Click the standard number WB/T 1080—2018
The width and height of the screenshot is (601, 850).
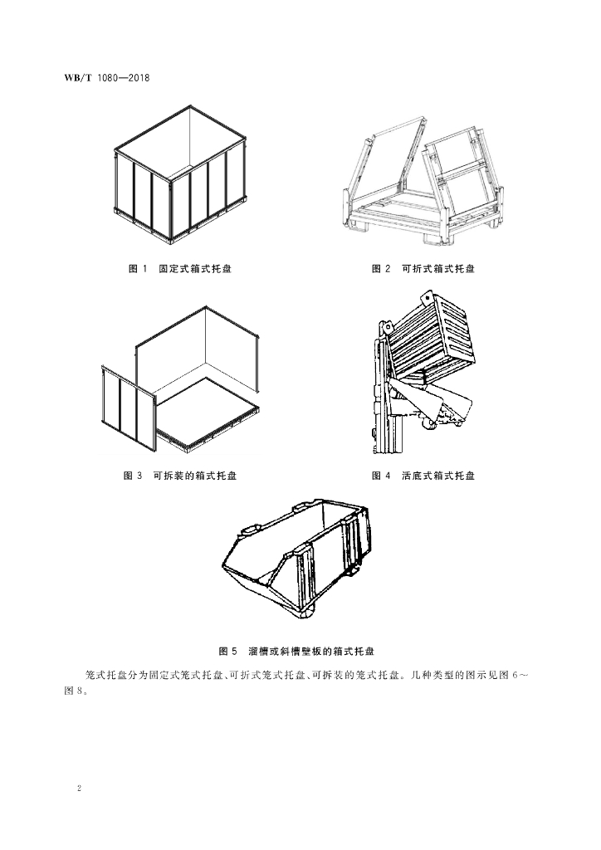click(x=107, y=77)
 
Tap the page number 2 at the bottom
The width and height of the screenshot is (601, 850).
click(x=79, y=789)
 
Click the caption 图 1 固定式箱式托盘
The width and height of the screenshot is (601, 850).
click(x=180, y=268)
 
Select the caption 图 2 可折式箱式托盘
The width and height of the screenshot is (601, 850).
click(x=423, y=268)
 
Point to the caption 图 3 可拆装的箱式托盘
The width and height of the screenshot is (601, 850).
click(x=180, y=476)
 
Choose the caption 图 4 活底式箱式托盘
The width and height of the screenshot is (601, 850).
click(x=423, y=476)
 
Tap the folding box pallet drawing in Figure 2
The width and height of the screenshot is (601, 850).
click(x=423, y=180)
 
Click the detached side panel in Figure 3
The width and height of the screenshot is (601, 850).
click(x=129, y=408)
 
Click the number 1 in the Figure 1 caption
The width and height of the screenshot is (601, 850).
click(x=144, y=268)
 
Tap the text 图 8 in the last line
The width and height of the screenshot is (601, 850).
click(x=73, y=691)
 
